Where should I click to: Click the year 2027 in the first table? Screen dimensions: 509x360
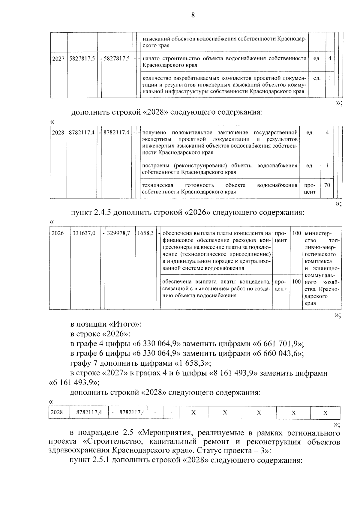click(58, 59)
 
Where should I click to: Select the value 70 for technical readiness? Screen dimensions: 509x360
click(327, 185)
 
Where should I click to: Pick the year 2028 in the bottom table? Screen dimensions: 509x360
click(57, 412)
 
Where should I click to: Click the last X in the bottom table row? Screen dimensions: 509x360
click(325, 413)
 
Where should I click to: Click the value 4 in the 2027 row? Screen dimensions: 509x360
click(330, 58)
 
